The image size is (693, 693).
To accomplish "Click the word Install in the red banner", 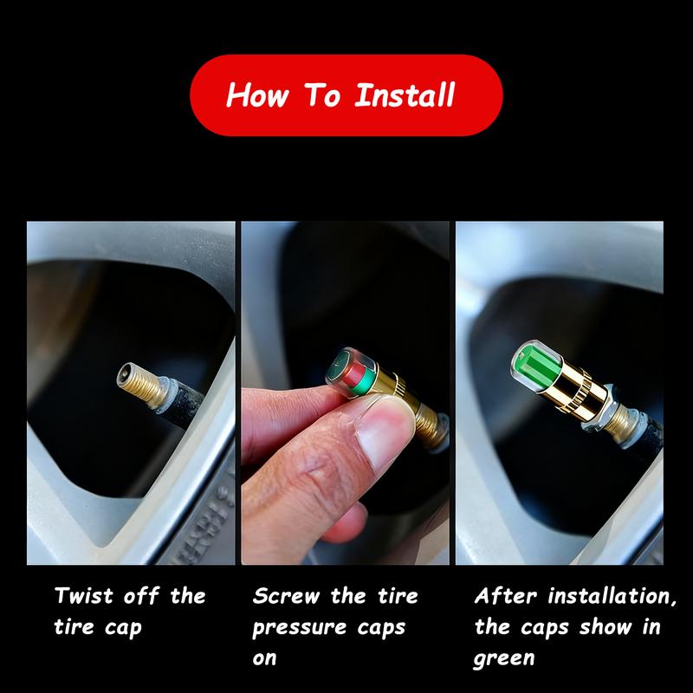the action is pyautogui.click(x=405, y=95).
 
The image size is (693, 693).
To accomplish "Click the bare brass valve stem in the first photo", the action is pyautogui.click(x=140, y=385).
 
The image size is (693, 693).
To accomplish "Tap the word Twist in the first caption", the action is pyautogui.click(x=83, y=596).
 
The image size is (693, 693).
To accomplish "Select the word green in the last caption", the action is pyautogui.click(x=504, y=659).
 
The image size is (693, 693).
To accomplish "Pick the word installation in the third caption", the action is pyautogui.click(x=612, y=596).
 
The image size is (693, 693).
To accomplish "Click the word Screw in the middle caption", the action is pyautogui.click(x=286, y=596).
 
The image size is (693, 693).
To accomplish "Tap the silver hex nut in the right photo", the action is pyautogui.click(x=597, y=409).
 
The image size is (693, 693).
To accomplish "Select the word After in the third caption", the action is pyautogui.click(x=505, y=596).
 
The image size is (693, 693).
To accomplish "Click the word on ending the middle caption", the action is pyautogui.click(x=264, y=659).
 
